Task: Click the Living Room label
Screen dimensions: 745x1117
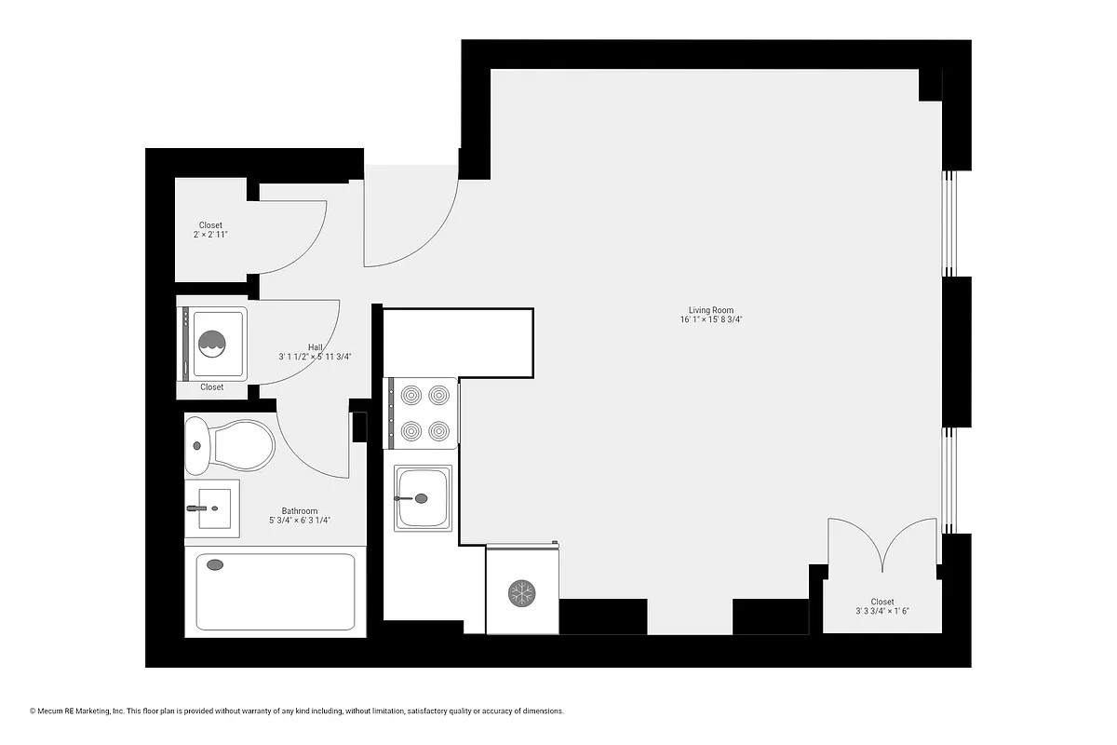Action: pyautogui.click(x=711, y=310)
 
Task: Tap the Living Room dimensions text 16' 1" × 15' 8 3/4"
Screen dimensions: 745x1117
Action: pyautogui.click(x=711, y=320)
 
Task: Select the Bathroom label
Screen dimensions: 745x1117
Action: pyautogui.click(x=300, y=511)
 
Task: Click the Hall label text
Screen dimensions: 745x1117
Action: pyautogui.click(x=316, y=346)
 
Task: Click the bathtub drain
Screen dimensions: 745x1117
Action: pyautogui.click(x=215, y=564)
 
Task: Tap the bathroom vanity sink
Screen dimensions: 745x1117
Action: pyautogui.click(x=211, y=508)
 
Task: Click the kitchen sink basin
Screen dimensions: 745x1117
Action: pyautogui.click(x=423, y=498)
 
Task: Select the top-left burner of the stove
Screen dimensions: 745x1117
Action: pyautogui.click(x=411, y=395)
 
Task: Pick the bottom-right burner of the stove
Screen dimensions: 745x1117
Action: pyautogui.click(x=438, y=430)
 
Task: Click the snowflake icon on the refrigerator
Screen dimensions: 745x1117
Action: pyautogui.click(x=521, y=593)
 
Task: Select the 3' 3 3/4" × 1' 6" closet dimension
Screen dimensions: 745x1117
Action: pyautogui.click(x=881, y=612)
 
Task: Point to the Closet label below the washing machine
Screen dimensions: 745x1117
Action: pyautogui.click(x=211, y=387)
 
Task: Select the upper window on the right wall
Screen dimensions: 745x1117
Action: pyautogui.click(x=949, y=223)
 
